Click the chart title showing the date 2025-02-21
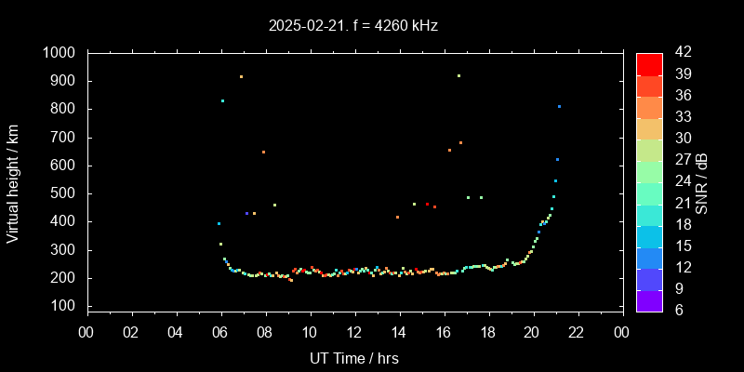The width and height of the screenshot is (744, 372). [352, 25]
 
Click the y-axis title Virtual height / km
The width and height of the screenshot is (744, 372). [13, 179]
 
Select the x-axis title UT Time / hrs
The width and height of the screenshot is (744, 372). [353, 358]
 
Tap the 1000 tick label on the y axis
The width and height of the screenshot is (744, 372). [60, 53]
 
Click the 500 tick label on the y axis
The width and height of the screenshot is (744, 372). [65, 193]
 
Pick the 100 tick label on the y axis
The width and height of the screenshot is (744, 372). [65, 306]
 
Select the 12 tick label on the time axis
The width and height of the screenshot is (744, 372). [354, 333]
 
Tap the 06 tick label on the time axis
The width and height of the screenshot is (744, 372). [220, 333]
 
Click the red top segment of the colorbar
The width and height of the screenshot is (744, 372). [649, 63]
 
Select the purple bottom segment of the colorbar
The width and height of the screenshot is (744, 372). [649, 299]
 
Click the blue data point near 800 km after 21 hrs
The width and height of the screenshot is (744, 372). [559, 106]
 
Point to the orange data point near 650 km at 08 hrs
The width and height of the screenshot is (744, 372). [263, 152]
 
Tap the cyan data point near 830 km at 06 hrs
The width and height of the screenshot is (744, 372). [222, 100]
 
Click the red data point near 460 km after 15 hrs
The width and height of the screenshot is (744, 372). [427, 204]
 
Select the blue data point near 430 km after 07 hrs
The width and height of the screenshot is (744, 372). [246, 213]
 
